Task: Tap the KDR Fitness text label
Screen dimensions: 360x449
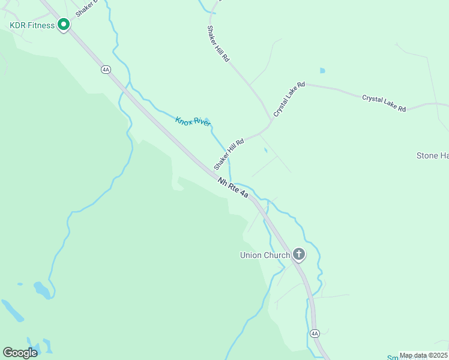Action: [x=32, y=25]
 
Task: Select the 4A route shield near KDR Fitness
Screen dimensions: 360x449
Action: [x=106, y=70]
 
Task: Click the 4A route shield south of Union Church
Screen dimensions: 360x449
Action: [x=315, y=333]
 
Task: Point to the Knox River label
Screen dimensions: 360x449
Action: [x=193, y=122]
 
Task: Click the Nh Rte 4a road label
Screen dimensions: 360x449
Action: [x=234, y=187]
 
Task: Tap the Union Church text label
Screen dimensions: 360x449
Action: [x=265, y=255]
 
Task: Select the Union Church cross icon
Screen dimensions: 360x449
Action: [x=299, y=255]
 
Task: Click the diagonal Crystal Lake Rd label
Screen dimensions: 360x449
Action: [x=289, y=100]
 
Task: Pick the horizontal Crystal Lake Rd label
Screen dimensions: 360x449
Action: [x=384, y=103]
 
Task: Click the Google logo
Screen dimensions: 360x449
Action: [x=20, y=353]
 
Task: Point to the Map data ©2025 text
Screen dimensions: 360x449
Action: [x=423, y=355]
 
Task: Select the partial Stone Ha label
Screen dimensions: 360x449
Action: [x=432, y=156]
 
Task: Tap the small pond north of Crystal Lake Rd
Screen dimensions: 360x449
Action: [x=322, y=71]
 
